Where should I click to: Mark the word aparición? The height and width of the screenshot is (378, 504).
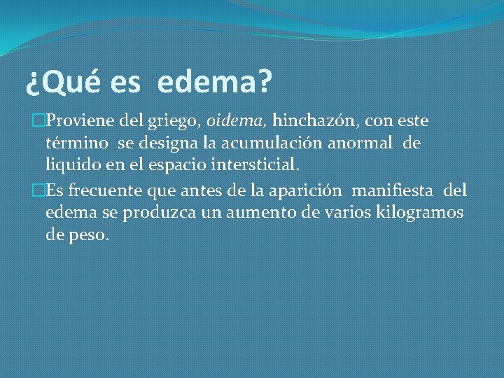pos(307,191)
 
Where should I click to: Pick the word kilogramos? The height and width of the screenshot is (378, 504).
pos(421,213)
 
